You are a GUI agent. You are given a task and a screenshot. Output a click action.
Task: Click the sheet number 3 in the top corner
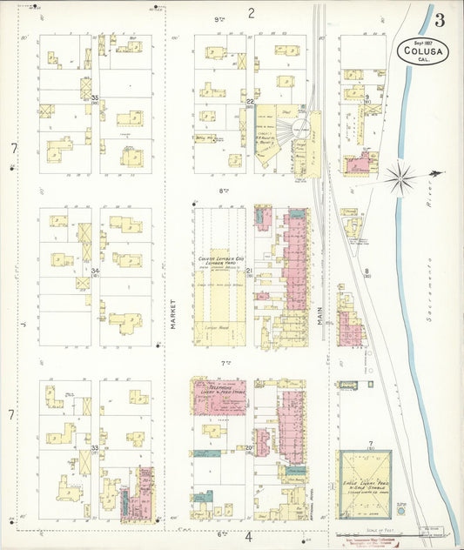click(x=440, y=20)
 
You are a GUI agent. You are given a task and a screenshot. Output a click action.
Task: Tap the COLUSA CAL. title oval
click(x=423, y=51)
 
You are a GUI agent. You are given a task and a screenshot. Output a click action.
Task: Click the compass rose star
click(x=401, y=178)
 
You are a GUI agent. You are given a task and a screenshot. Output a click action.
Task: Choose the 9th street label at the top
click(x=218, y=17)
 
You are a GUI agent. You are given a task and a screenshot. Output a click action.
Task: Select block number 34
click(x=95, y=272)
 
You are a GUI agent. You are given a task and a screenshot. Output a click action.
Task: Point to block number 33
click(x=95, y=447)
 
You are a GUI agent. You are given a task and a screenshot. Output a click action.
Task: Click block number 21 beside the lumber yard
click(x=249, y=272)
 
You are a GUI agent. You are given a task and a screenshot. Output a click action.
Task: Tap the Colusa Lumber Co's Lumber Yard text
click(x=218, y=258)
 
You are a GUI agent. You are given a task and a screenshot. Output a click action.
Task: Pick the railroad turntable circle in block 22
click(x=301, y=128)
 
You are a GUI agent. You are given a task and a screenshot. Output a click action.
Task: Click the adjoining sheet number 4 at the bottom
click(x=249, y=536)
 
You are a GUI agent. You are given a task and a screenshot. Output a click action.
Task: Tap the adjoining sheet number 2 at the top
click(x=251, y=12)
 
